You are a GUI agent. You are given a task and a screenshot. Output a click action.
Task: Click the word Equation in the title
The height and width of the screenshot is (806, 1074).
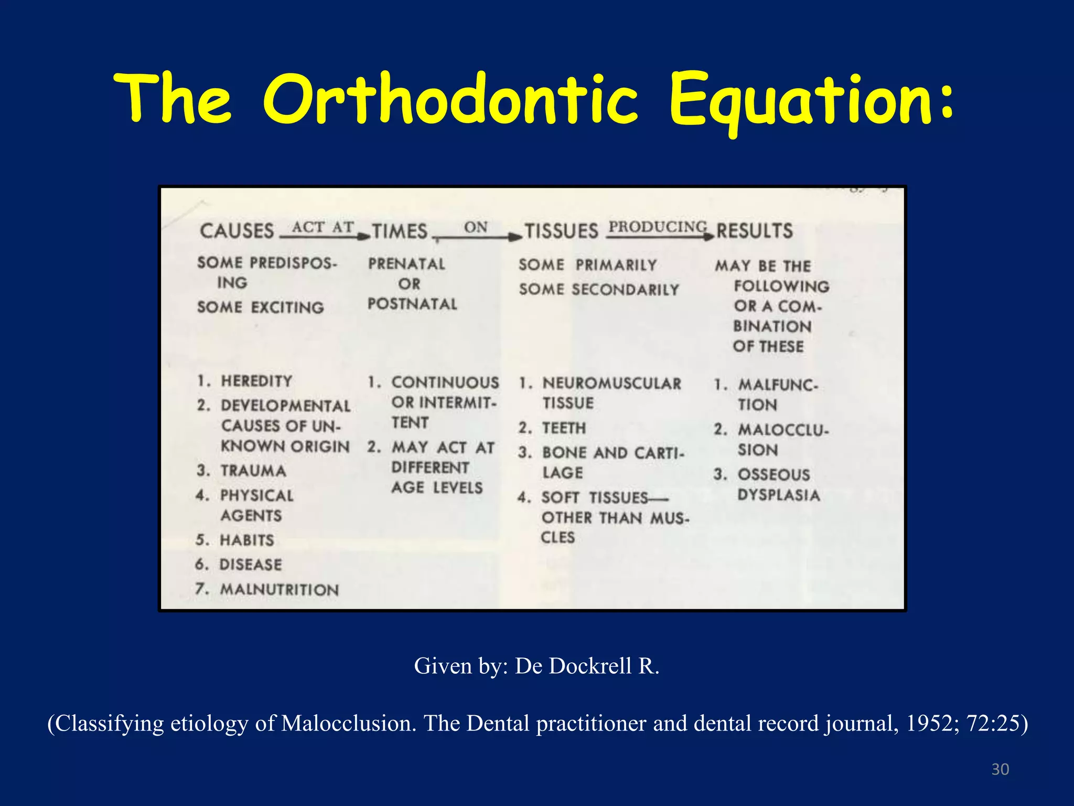(x=810, y=100)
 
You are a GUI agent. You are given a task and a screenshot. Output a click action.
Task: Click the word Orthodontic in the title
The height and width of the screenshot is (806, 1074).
(x=451, y=100)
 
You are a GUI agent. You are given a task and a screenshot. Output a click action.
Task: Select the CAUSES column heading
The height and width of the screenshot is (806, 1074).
(x=237, y=231)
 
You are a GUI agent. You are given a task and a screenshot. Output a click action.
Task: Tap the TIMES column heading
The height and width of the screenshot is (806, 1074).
(x=400, y=231)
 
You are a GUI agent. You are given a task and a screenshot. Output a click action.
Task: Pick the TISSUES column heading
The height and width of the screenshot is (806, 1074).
(x=561, y=231)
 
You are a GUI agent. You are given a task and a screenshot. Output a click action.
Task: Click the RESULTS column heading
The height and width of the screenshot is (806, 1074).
(x=755, y=231)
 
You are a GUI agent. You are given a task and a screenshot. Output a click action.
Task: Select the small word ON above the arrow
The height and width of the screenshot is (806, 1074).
(x=476, y=227)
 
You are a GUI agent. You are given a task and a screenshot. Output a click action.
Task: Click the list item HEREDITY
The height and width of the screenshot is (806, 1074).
(x=256, y=381)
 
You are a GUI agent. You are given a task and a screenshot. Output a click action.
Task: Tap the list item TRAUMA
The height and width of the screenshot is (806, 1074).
(x=253, y=471)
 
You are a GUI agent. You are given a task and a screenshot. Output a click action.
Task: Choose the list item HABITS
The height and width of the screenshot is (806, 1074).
(x=247, y=540)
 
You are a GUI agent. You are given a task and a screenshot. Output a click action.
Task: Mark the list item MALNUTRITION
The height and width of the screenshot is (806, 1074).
(x=280, y=589)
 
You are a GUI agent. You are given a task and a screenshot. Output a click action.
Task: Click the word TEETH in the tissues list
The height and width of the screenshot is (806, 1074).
(x=564, y=428)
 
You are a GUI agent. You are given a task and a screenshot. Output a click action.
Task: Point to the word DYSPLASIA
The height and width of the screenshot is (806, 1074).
(x=779, y=495)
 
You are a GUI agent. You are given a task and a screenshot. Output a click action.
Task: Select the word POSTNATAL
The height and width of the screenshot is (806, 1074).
(x=412, y=304)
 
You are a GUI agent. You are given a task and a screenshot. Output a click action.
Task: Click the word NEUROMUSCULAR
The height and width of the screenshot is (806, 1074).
(x=611, y=383)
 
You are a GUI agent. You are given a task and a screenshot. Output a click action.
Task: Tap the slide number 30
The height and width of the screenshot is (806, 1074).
(x=1000, y=769)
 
